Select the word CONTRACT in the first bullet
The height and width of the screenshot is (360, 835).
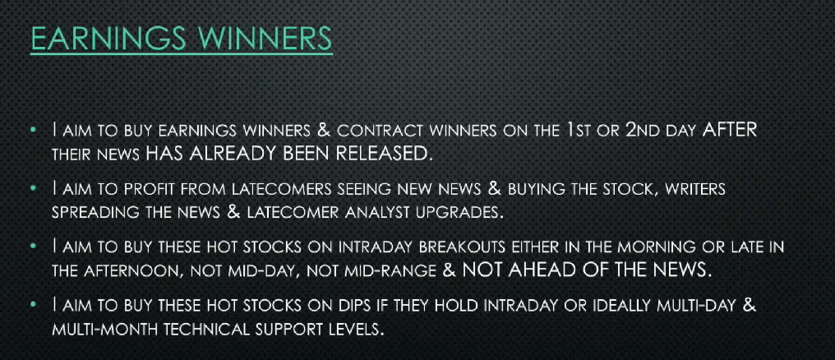pos(381,131)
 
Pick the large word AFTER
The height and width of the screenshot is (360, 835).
pos(729,130)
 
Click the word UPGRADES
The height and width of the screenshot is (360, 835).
pos(458,213)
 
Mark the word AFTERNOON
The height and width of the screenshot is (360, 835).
pos(136,271)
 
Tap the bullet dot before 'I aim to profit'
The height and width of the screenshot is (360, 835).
pos(34,189)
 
